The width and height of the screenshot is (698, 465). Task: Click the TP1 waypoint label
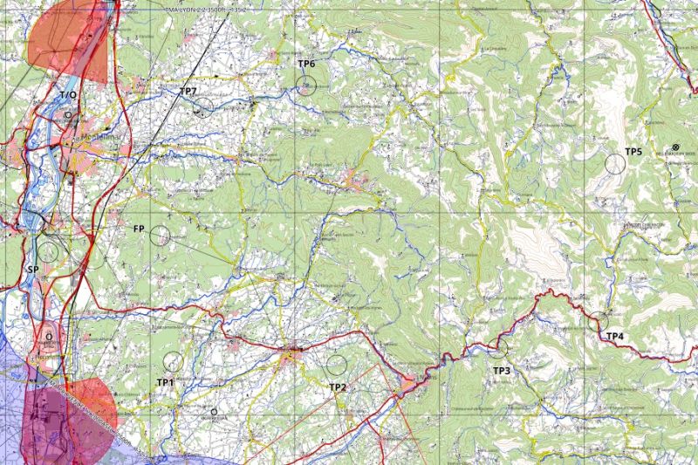pos(166,382)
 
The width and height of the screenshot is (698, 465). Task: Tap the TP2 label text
pos(338,386)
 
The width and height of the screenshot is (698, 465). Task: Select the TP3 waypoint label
pos(502,371)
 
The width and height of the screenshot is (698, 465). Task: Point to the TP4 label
pos(615,336)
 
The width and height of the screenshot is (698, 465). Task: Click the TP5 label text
pos(633,152)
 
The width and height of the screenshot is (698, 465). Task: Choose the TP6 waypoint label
pos(306,64)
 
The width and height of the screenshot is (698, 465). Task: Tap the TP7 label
pos(188,91)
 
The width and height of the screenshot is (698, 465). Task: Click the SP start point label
pos(33,270)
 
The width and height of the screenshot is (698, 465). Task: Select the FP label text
pos(139,229)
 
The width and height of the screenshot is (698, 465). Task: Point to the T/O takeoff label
pos(67,94)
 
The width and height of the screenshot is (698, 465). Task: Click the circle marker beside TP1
pos(173,361)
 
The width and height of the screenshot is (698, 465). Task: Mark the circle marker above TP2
pos(336,364)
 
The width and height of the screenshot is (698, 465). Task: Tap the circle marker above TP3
pos(497,348)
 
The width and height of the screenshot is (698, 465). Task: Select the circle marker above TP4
pos(599,321)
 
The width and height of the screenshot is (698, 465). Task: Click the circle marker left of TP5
pos(615,162)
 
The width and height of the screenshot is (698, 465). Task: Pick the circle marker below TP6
pos(305,85)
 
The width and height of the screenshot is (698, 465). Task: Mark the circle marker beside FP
pos(160,235)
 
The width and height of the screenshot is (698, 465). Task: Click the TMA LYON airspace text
pos(207,9)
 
